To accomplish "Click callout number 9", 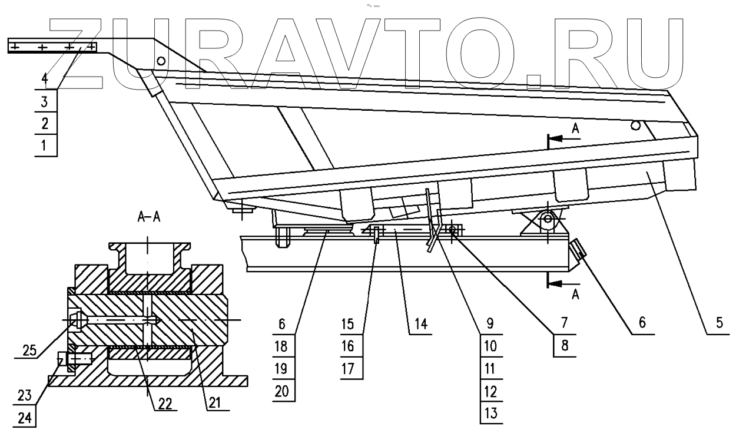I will [x=490, y=323].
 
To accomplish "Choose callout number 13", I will [x=490, y=413].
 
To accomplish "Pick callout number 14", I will [x=420, y=323].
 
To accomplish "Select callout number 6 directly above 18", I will [x=281, y=323].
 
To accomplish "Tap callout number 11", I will [x=490, y=368].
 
